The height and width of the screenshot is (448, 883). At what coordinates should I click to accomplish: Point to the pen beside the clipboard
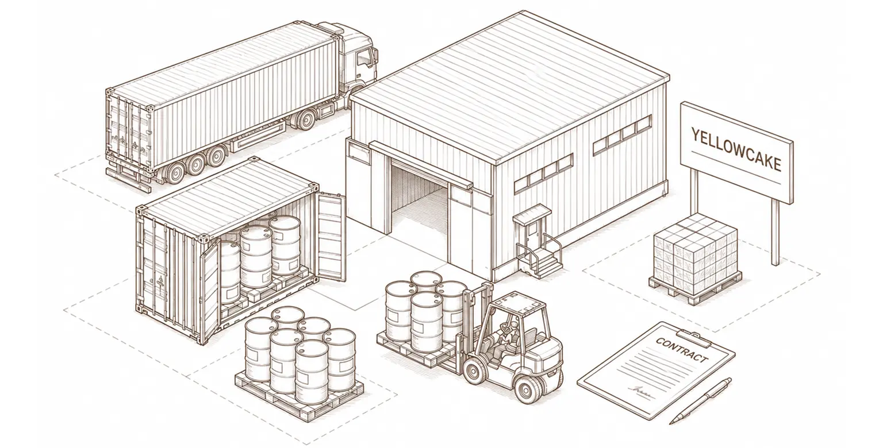(x=700, y=400)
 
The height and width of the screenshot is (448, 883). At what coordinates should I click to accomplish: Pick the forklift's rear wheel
(x=527, y=389)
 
